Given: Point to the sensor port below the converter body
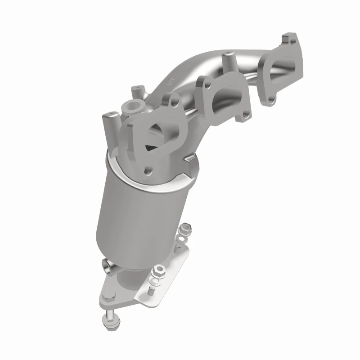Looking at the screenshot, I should (107, 265).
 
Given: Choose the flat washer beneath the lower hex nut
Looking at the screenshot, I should (156, 282).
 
